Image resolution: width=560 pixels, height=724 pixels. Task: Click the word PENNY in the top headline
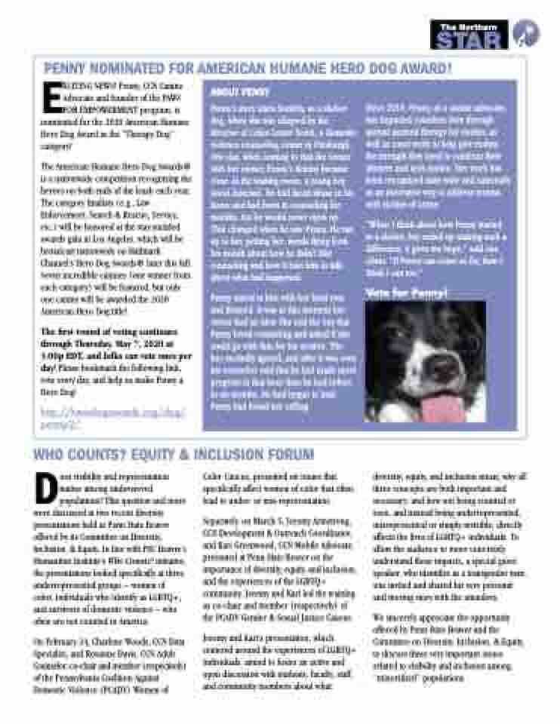(x=66, y=69)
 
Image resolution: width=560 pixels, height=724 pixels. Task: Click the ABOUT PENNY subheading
(x=229, y=92)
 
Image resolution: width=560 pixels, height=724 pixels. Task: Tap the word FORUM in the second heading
(x=291, y=454)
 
